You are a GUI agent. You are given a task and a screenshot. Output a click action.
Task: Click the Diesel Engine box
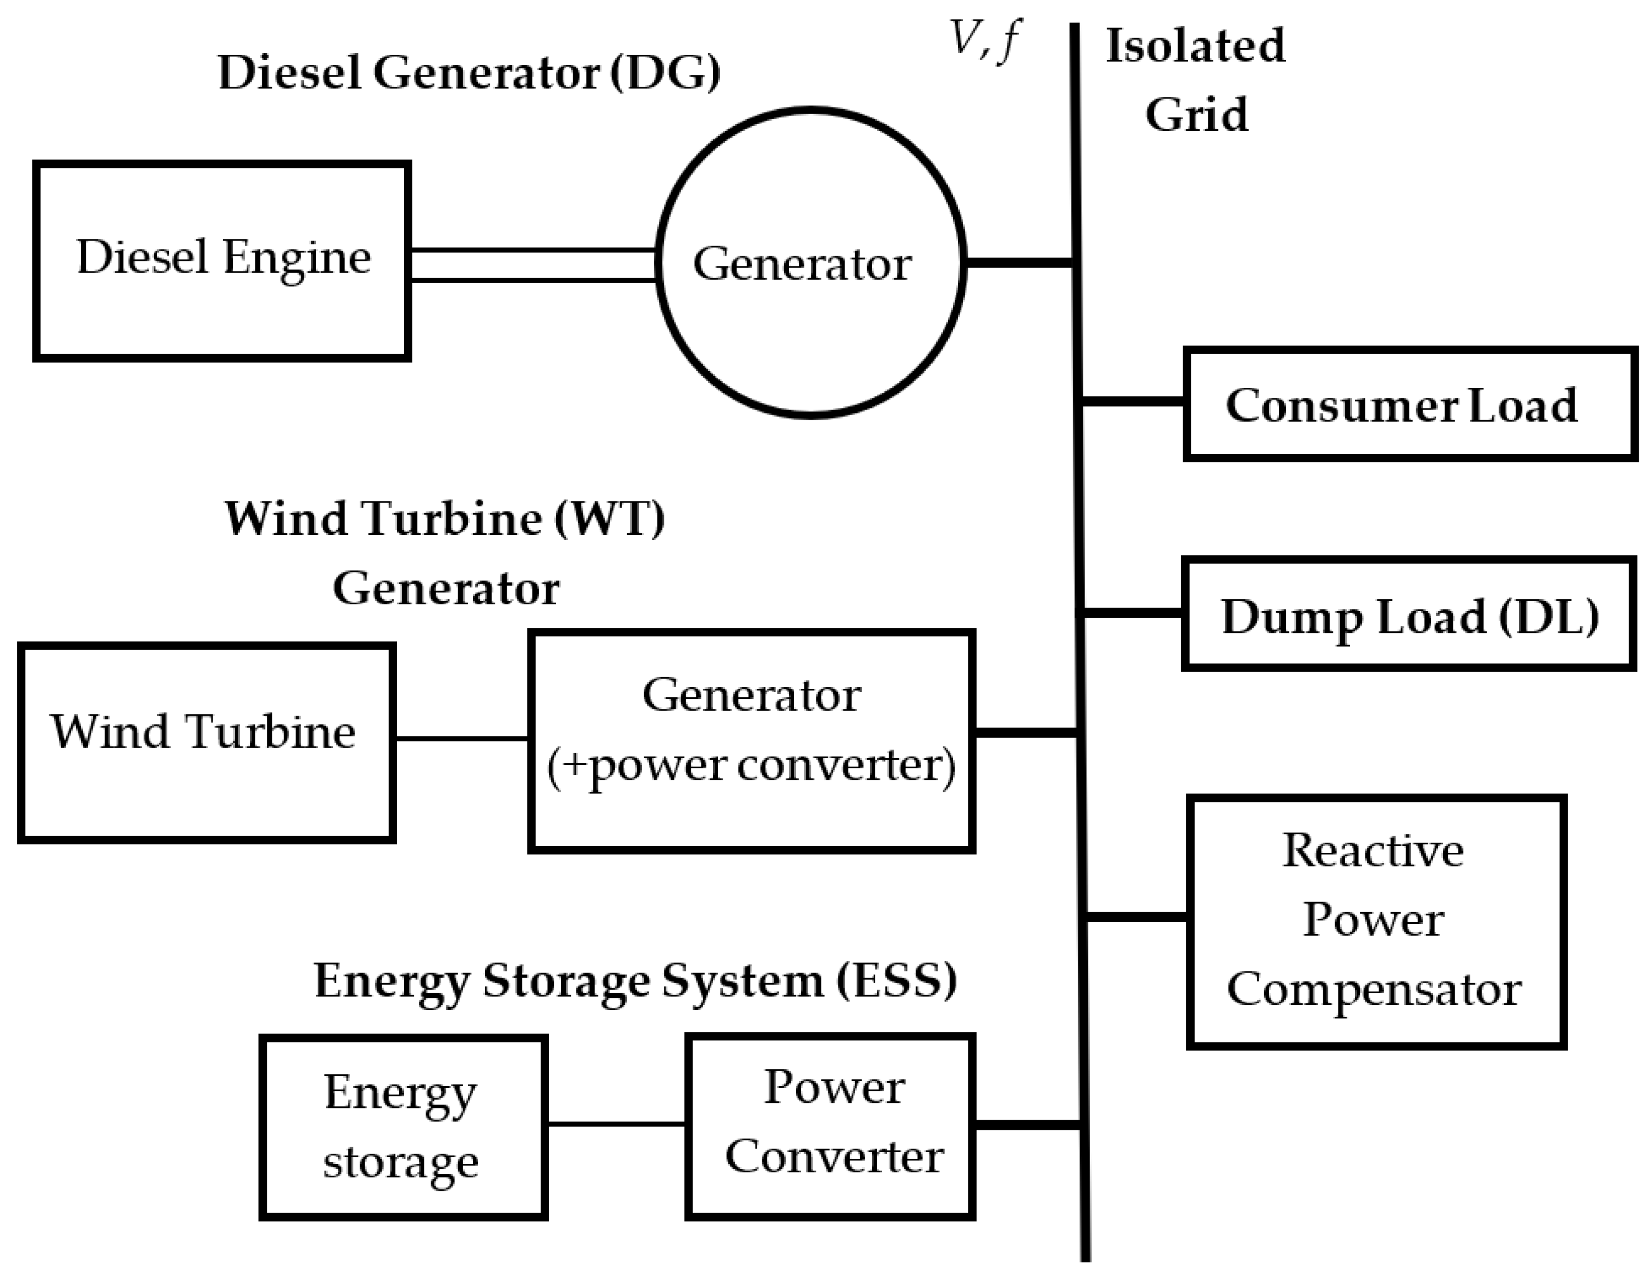222,260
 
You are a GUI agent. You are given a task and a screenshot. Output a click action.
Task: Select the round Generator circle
810,262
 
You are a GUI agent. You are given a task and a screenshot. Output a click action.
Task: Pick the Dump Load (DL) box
1409,615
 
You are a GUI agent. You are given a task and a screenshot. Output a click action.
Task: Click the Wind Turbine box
206,743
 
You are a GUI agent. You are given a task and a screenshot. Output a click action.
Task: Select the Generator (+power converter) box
751,741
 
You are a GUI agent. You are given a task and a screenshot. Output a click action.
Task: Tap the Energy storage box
403,1127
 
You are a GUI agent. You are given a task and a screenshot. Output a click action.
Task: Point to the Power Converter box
830,1127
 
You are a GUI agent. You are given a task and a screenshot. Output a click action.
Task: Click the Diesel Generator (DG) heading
469,73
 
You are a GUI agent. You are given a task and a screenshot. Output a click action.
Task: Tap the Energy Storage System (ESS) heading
635,981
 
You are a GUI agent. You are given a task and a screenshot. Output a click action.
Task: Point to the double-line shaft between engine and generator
533,265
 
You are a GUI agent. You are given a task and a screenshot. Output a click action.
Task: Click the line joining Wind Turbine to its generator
461,738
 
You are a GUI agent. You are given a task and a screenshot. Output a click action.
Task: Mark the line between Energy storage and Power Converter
616,1124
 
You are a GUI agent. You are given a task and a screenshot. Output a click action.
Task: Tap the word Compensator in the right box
1374,990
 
